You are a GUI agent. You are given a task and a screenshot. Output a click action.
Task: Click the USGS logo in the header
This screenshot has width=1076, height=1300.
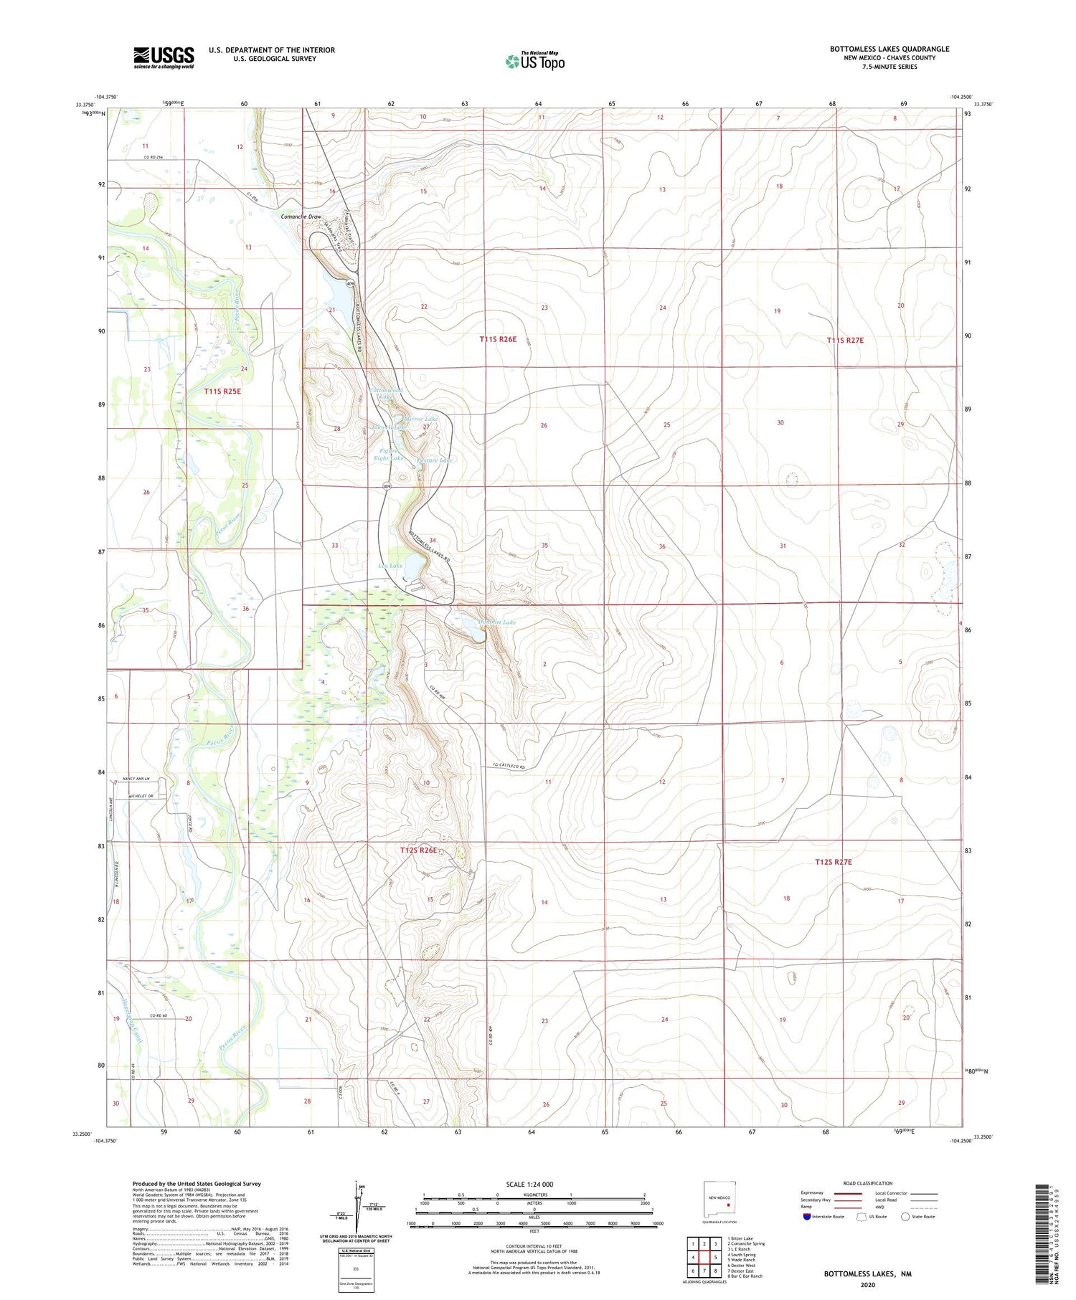point(163,57)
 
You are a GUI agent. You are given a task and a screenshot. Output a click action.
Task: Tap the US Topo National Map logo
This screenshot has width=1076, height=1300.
point(534,61)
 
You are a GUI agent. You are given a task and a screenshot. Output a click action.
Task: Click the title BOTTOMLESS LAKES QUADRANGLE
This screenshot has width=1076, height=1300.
point(889,49)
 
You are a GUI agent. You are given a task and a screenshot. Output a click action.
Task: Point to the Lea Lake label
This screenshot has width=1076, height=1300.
point(390,566)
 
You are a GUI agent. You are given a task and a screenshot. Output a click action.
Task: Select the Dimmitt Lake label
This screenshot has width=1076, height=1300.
point(497,622)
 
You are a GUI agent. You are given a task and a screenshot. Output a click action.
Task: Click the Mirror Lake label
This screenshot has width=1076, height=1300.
point(421,419)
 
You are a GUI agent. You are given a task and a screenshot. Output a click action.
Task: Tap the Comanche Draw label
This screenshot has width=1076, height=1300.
point(301,217)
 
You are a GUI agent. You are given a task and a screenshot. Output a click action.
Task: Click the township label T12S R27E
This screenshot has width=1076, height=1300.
point(833,862)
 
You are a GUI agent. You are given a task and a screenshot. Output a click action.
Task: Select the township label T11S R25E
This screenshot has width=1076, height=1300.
point(222,392)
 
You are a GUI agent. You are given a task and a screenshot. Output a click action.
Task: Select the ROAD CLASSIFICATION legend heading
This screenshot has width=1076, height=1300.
point(868,1183)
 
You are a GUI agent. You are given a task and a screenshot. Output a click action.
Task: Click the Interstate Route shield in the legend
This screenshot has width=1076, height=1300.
point(807,1217)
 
